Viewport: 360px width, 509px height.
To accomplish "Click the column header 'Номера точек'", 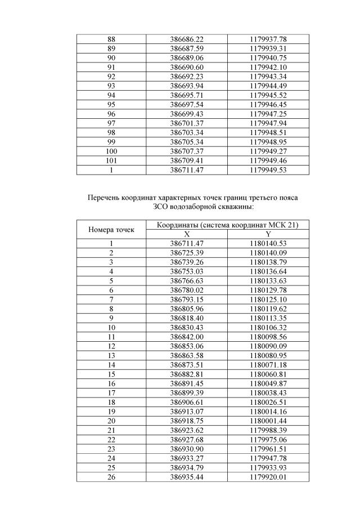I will pos(111,230).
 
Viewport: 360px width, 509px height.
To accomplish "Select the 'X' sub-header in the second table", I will pos(187,234).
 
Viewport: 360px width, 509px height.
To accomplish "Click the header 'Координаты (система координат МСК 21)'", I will pos(227,225).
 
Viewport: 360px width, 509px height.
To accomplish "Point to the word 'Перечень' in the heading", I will pos(105,198).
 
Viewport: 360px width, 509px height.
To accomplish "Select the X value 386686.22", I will pos(187,40).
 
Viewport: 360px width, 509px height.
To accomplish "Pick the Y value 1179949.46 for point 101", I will pos(268,160).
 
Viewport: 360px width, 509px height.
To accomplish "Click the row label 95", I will pos(111,105).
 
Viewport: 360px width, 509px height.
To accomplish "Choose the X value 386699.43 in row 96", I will pos(187,114).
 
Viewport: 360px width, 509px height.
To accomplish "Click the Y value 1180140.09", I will pos(268,252).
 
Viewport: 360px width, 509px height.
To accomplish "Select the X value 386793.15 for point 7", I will pos(187,299).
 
